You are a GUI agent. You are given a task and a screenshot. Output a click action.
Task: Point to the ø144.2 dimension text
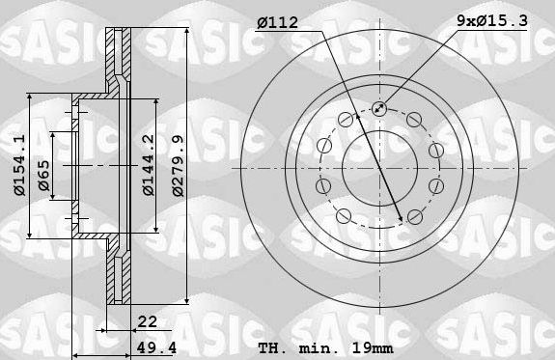click(x=148, y=165)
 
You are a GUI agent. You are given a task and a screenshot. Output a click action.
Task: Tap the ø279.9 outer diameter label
click(x=178, y=165)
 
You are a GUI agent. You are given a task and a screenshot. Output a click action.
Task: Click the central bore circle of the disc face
click(x=379, y=165)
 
